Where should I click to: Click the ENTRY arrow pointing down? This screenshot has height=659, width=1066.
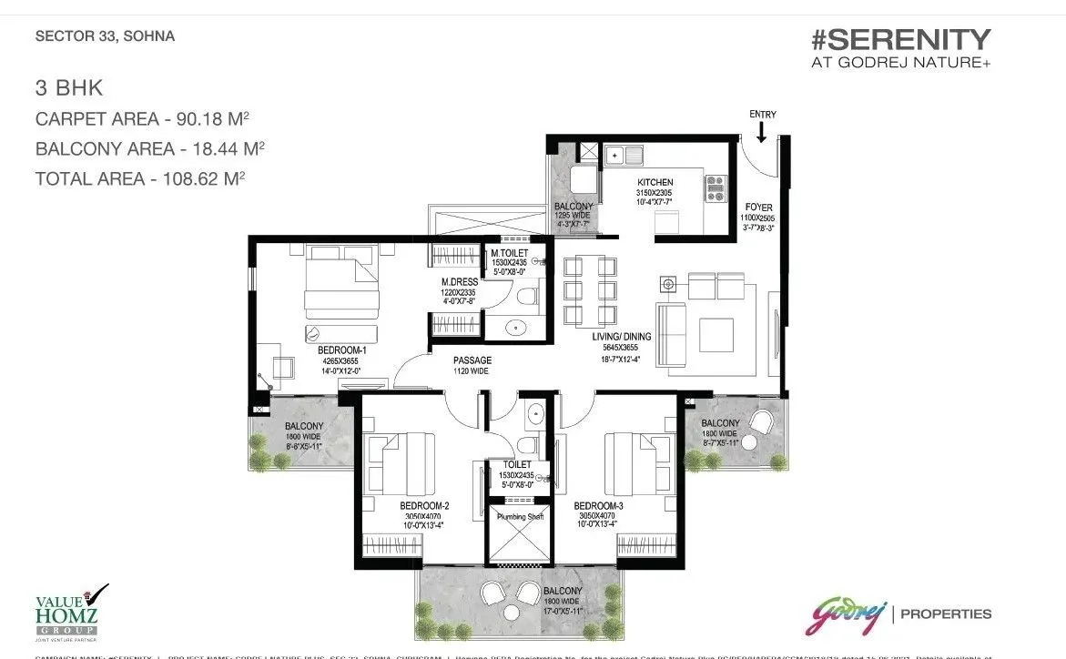[x=761, y=133]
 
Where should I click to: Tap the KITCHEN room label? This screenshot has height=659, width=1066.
[x=655, y=183]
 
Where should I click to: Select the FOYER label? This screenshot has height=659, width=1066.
[x=758, y=207]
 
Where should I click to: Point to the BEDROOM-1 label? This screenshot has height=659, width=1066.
[x=341, y=350]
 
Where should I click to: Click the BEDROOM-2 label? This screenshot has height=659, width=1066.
[x=424, y=505]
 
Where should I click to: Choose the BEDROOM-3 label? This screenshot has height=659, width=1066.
[x=598, y=505]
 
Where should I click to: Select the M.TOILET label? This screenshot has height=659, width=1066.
[x=509, y=253]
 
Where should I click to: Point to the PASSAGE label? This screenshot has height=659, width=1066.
[x=472, y=360]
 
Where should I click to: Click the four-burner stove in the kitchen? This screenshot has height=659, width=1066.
[x=714, y=188]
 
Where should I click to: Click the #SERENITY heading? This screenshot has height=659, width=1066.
[x=900, y=40]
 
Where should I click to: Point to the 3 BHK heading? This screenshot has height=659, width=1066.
[x=69, y=89]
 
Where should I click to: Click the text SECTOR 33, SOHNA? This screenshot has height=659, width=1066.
[x=105, y=37]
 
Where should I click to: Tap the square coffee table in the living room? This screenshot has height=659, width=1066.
[x=716, y=334]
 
